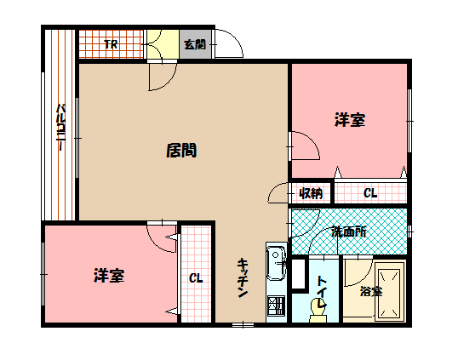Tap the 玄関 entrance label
coord(195,45)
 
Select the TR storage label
coord(111,44)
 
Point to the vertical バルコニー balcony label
coord(61,128)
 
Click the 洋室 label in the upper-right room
coord(349,121)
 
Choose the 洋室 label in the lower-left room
coord(110,276)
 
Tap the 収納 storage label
coord(310,193)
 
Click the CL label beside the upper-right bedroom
coord(370,193)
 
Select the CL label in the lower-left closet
coord(196,278)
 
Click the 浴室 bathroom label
coord(370,291)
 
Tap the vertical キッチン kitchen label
coord(242,277)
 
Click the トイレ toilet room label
coord(323,288)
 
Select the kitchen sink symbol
coord(277,264)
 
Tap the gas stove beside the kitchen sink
coord(276,306)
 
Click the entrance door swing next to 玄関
coord(226,43)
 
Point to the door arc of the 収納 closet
coord(278,195)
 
